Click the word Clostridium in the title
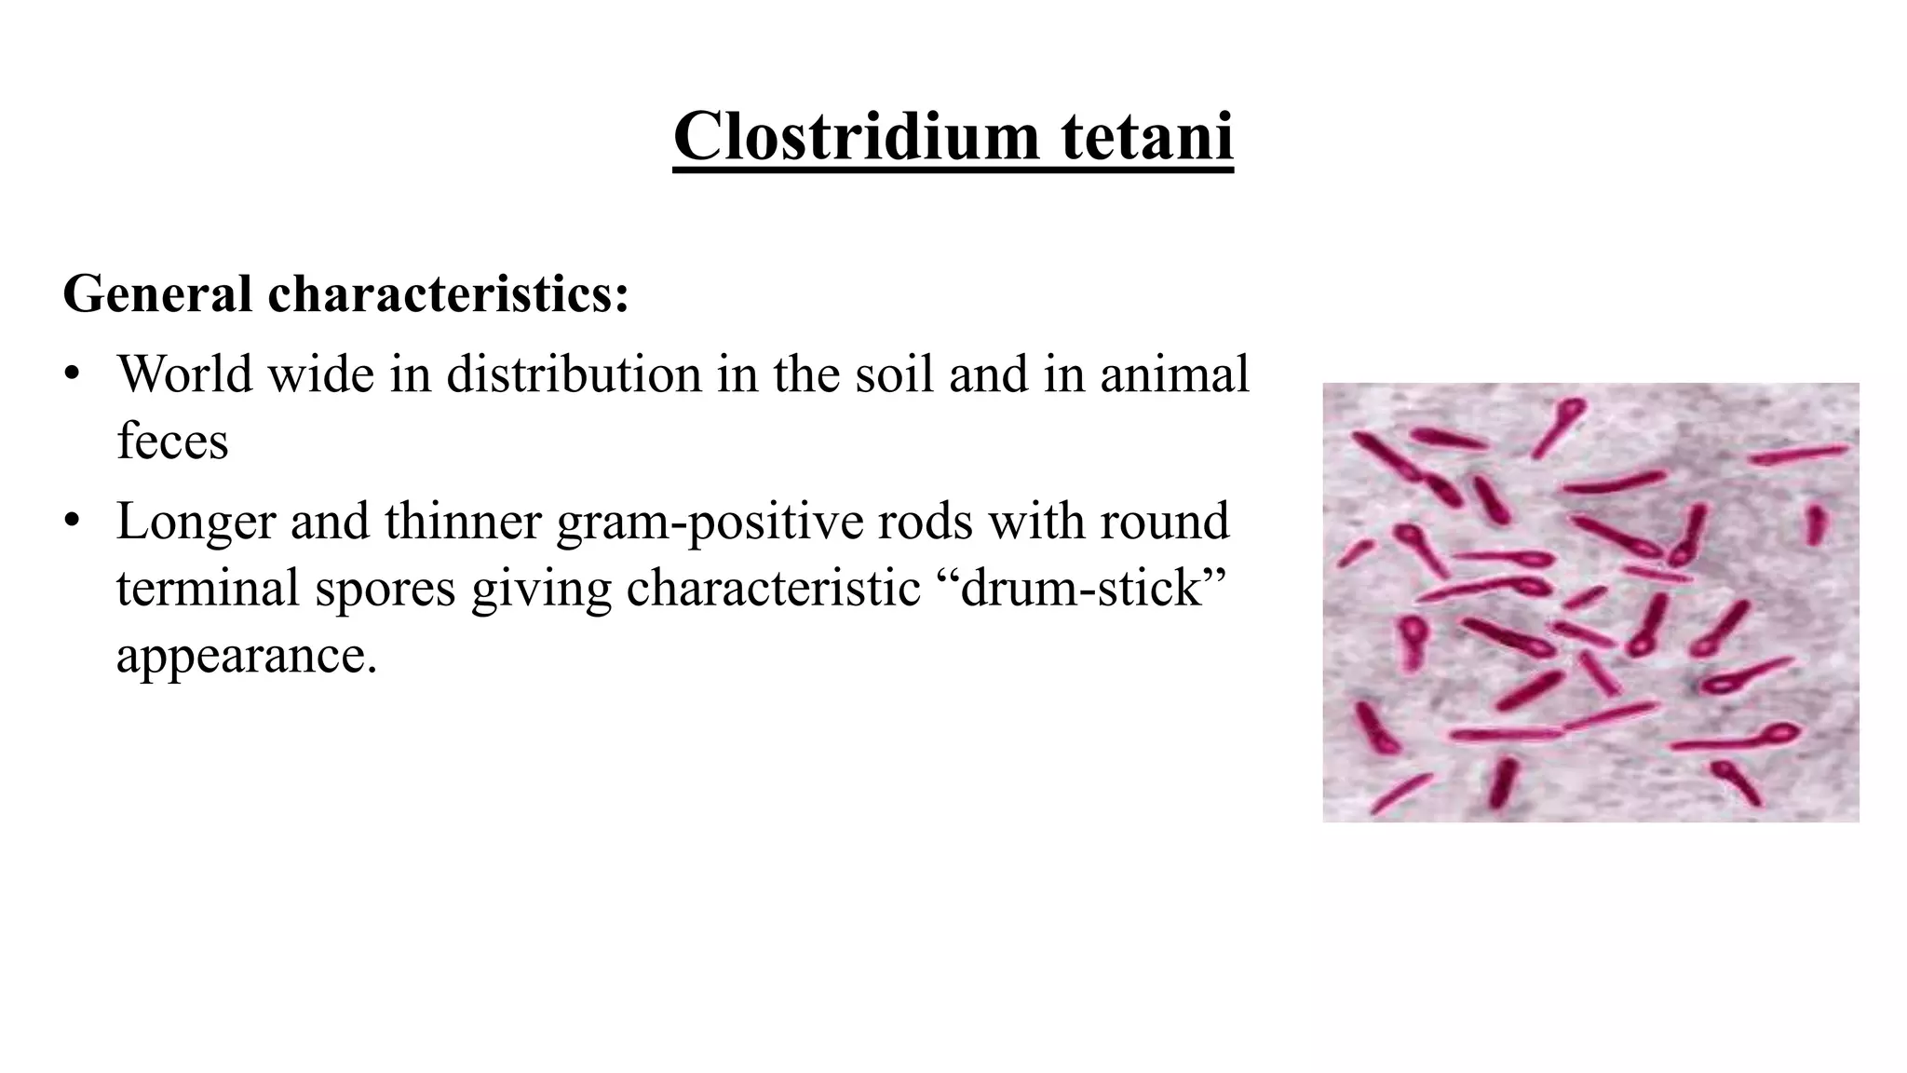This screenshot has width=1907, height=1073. pyautogui.click(x=856, y=136)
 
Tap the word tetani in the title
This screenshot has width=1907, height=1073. pyautogui.click(x=1146, y=136)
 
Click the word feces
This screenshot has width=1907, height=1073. pyautogui.click(x=172, y=441)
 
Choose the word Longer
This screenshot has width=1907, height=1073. pyautogui.click(x=196, y=521)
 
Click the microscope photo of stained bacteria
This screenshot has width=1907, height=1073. pyautogui.click(x=1590, y=603)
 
